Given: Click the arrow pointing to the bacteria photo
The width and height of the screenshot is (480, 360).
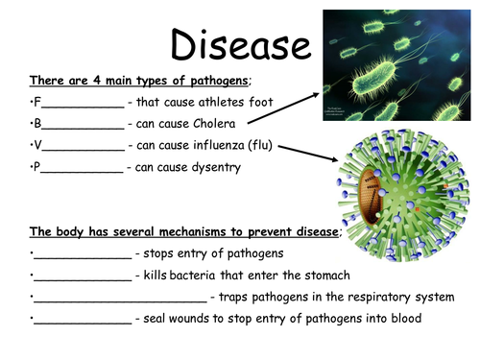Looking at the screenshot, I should pyautogui.click(x=284, y=108).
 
